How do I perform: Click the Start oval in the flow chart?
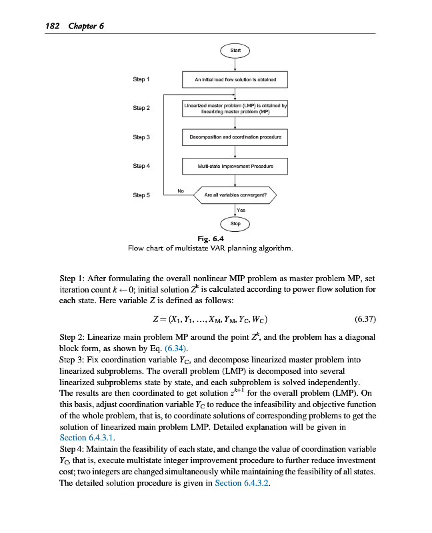pos(235,50)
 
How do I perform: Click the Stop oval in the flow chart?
pos(235,224)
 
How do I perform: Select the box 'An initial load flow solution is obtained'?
pos(235,80)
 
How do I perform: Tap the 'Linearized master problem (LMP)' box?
pos(235,109)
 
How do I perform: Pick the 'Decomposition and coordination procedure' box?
pos(235,137)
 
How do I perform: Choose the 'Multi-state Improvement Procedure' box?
pos(235,166)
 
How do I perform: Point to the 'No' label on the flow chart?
pos(180,191)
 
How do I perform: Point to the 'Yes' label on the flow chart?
pos(241,210)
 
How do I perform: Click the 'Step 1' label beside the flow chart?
pos(141,79)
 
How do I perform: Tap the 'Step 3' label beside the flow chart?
pos(141,137)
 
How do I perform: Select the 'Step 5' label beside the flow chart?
pos(141,195)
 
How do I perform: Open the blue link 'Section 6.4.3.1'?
pos(83,438)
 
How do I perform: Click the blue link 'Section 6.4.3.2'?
pos(243,483)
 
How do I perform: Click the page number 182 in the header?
pos(51,26)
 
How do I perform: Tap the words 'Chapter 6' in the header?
pos(85,26)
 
